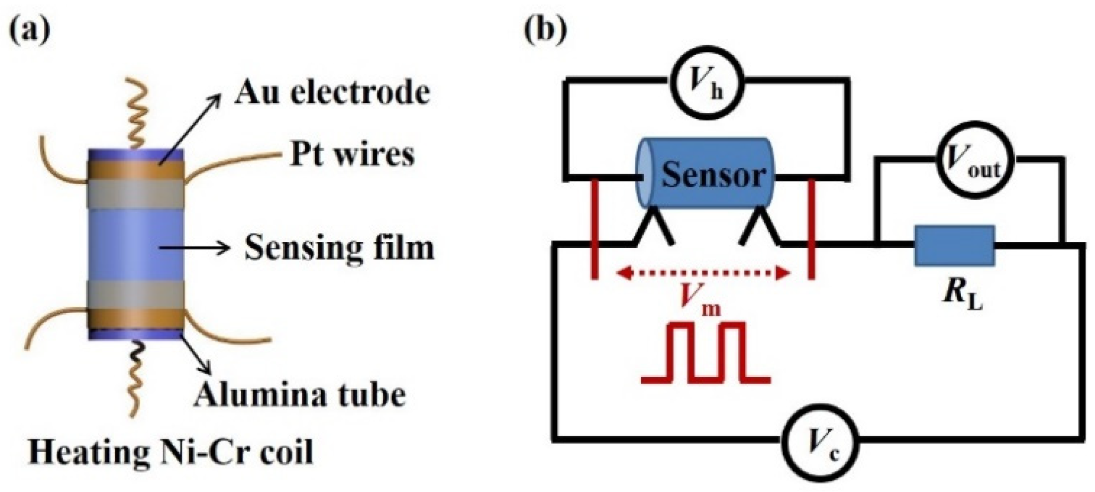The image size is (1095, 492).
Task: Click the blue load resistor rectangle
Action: tap(954, 246)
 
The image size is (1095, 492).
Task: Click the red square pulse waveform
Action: tap(706, 353)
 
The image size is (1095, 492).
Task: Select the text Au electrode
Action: tap(332, 92)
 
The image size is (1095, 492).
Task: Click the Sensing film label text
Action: tap(339, 247)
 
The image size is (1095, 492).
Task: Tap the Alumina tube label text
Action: tap(299, 395)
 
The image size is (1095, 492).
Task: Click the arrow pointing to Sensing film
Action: tap(194, 247)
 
